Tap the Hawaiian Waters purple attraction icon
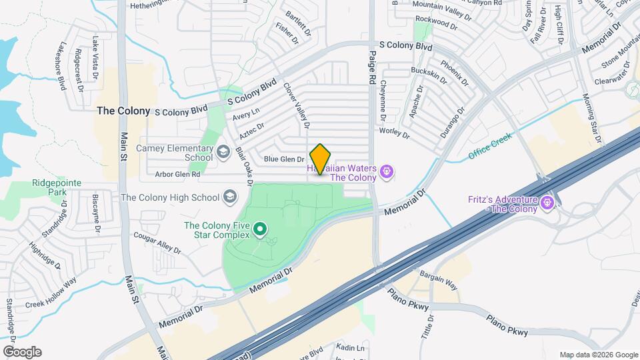(386, 173)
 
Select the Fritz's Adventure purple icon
(548, 201)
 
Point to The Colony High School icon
(230, 197)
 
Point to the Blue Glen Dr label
(284, 159)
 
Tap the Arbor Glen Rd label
(177, 175)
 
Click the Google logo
(22, 352)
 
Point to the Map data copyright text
(598, 355)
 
